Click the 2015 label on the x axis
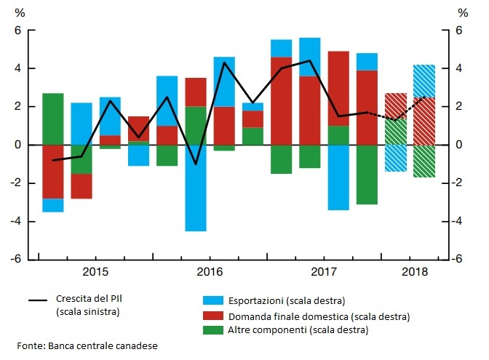pyautogui.click(x=95, y=272)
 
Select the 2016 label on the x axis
pyautogui.click(x=209, y=272)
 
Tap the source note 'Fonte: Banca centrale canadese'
pyautogui.click(x=87, y=345)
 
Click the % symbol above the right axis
pyautogui.click(x=463, y=12)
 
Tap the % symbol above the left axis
pyautogui.click(x=20, y=12)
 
